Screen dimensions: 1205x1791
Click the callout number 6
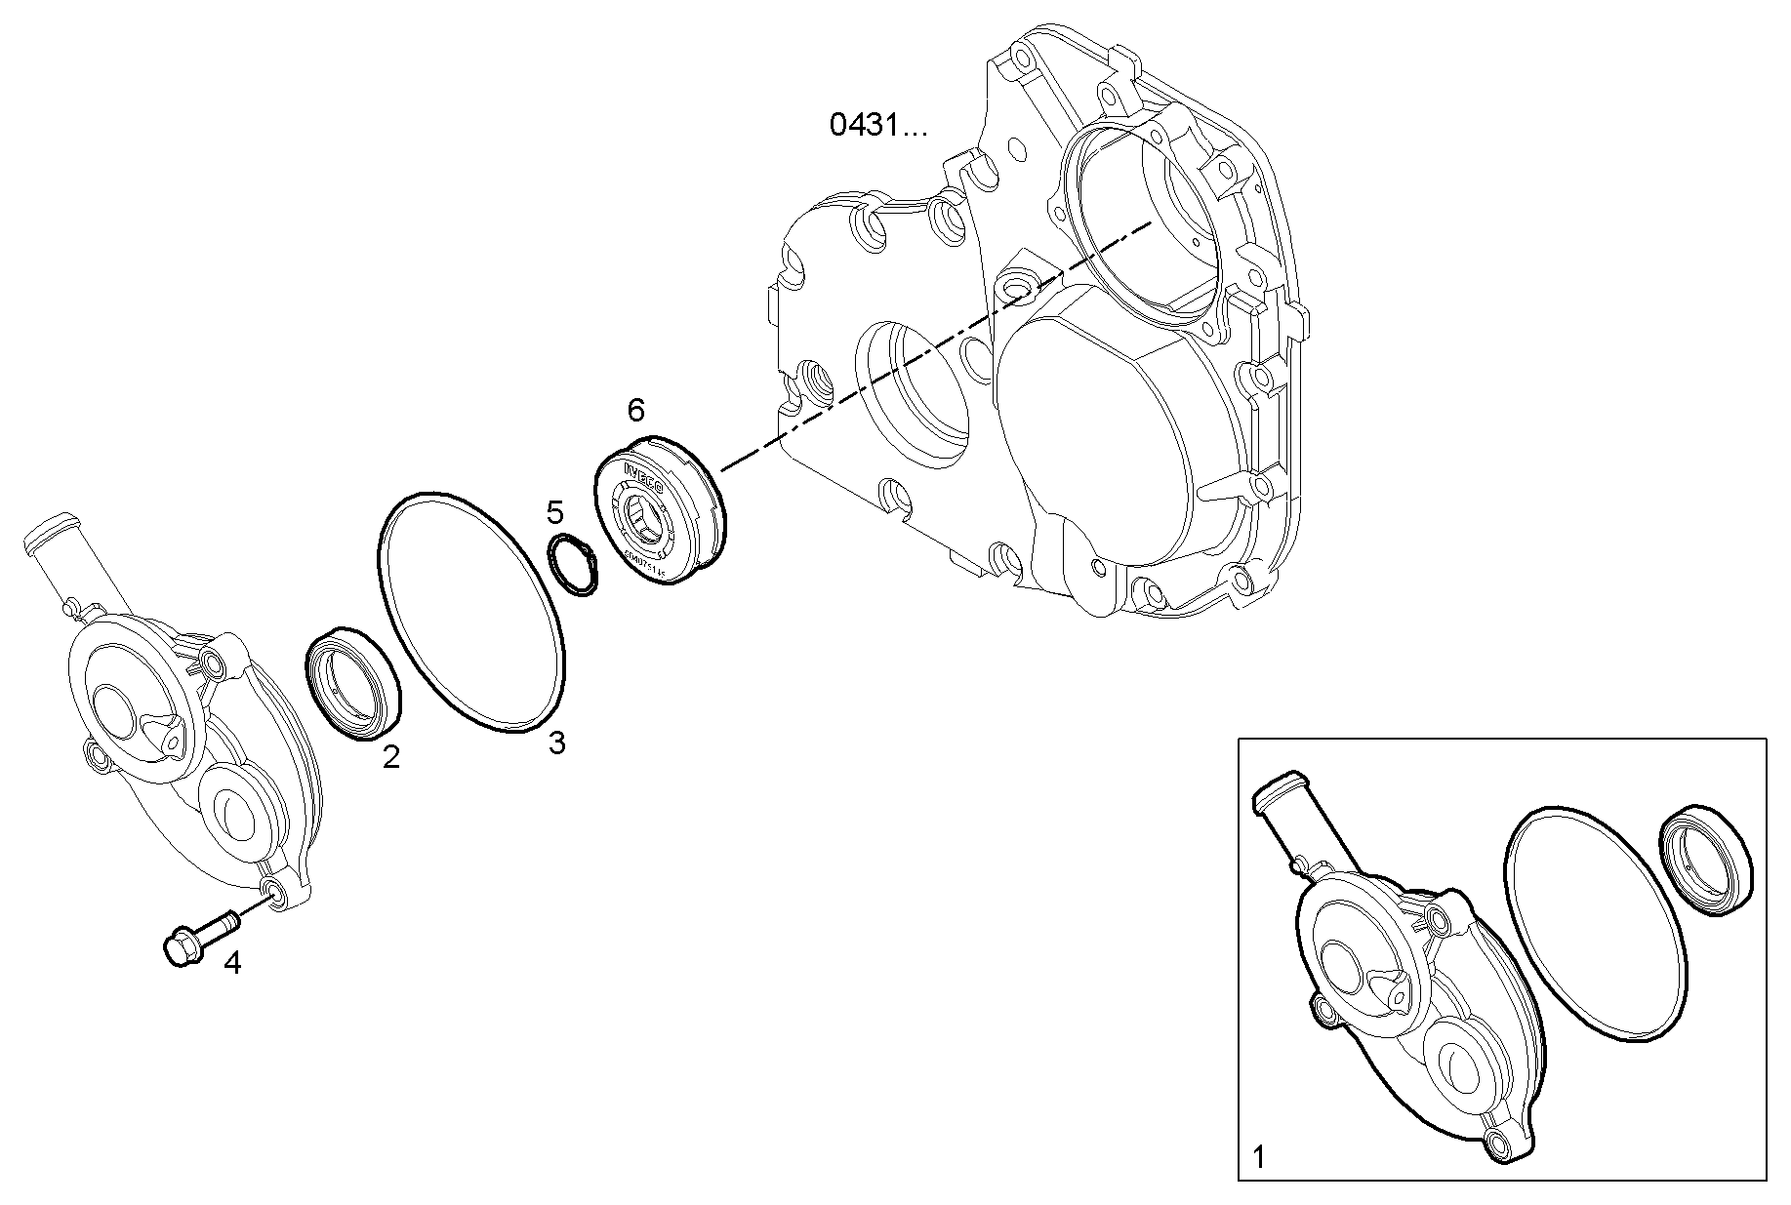635,410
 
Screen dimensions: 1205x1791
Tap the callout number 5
555,511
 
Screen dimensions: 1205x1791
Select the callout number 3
556,743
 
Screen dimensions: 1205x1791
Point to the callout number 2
390,756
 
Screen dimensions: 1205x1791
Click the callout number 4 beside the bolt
232,963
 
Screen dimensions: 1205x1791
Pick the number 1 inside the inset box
1259,1158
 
